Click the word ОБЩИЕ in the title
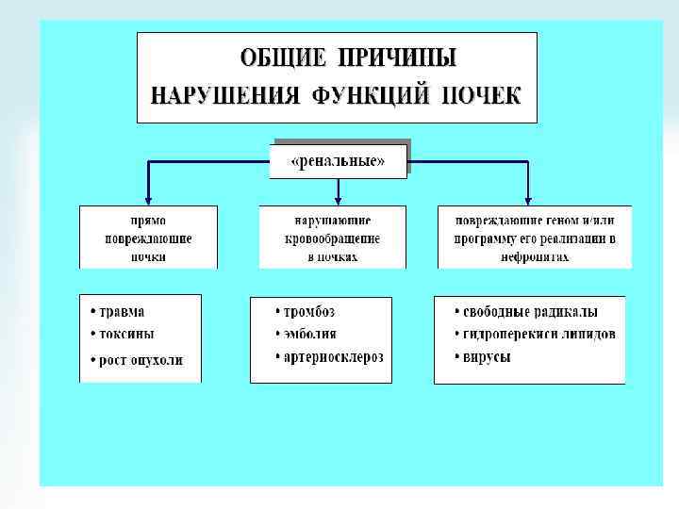pos(280,58)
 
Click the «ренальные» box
pos(339,160)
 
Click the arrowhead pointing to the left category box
pos(148,199)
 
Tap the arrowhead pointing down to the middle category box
pos(339,199)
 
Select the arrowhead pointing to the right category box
pos(528,199)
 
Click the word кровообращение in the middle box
pos(332,239)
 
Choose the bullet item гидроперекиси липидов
pos(535,335)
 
